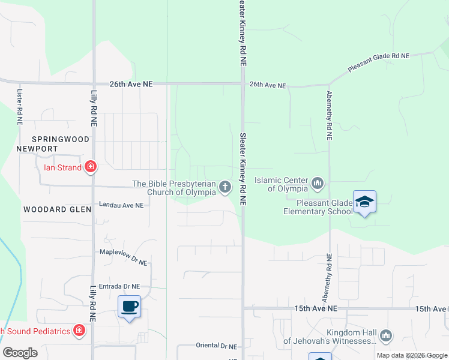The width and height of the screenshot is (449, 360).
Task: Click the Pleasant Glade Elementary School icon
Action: (364, 202)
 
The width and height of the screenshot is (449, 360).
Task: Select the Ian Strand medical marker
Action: (91, 167)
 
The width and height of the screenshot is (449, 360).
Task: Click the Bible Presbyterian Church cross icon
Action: (225, 187)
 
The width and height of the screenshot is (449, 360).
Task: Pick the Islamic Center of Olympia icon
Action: (318, 182)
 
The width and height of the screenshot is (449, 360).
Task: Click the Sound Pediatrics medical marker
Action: (79, 330)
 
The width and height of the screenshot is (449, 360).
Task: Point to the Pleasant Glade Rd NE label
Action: (378, 62)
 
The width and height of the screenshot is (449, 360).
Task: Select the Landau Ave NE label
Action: (122, 205)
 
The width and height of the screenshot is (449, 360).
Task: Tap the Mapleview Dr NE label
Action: (123, 257)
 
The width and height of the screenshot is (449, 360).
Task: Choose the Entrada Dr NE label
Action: (119, 287)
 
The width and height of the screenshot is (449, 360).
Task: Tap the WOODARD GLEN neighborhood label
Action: (57, 209)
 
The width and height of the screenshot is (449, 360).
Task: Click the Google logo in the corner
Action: (20, 353)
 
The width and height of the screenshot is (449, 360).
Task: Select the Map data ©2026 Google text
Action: (411, 355)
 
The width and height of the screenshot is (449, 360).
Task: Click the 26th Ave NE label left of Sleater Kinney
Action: (131, 85)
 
